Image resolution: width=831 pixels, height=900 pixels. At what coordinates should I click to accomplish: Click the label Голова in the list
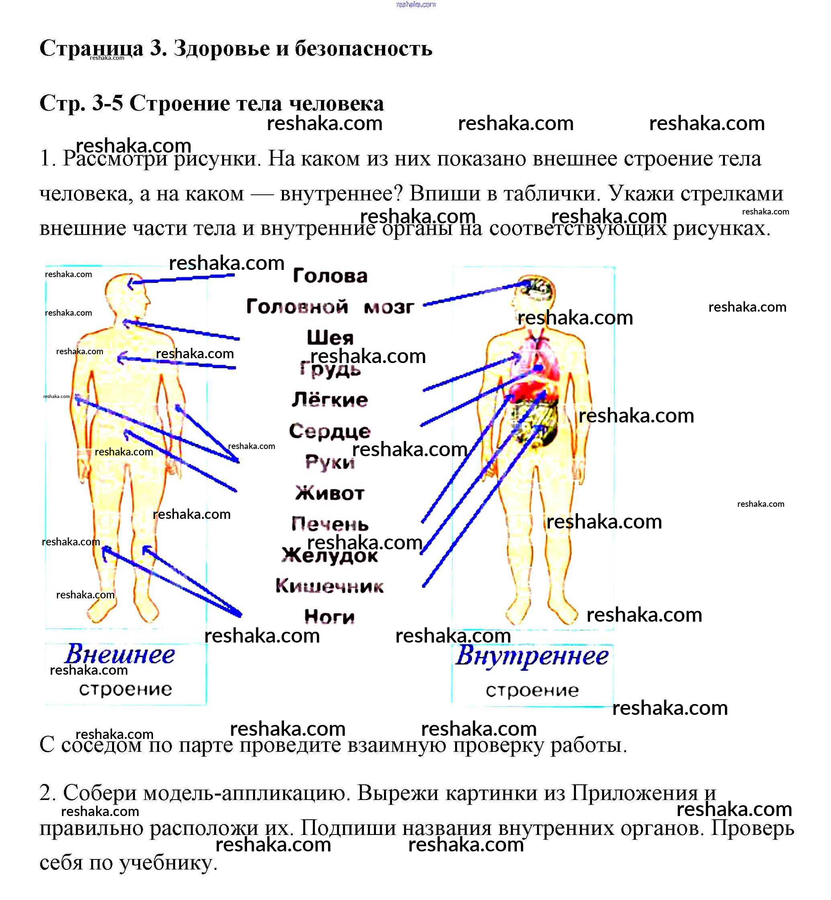pos(330,276)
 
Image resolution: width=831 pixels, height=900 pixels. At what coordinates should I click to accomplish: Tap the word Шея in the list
pos(330,338)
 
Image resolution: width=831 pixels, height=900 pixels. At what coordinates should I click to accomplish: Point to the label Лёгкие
pos(330,400)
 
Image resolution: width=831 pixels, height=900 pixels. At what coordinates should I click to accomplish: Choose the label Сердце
pos(330,431)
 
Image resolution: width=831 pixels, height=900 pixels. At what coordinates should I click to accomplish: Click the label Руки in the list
pos(330,462)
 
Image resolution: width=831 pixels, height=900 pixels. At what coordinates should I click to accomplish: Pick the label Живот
pos(330,493)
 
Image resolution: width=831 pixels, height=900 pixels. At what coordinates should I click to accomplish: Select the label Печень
pos(330,524)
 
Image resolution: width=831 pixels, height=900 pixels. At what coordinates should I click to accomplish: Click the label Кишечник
pos(330,586)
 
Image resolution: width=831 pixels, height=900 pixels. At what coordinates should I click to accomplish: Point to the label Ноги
pos(330,617)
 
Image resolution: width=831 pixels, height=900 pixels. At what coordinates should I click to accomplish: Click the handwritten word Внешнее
pos(120,655)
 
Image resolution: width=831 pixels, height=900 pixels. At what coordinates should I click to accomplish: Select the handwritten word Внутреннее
pos(532,656)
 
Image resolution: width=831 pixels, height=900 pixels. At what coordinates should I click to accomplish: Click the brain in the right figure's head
pos(537,288)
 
